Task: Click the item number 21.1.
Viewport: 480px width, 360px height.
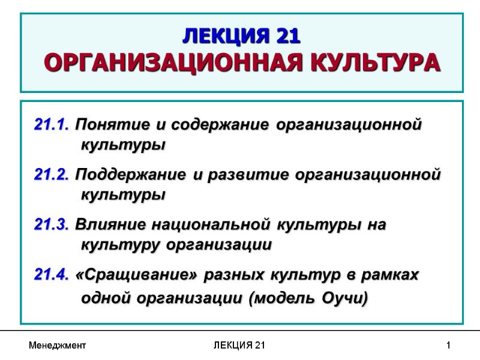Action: pyautogui.click(x=53, y=125)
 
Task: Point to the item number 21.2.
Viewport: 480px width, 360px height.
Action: pyautogui.click(x=53, y=175)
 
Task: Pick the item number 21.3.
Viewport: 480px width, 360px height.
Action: pyautogui.click(x=53, y=225)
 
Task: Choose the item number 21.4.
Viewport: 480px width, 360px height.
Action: pyautogui.click(x=53, y=275)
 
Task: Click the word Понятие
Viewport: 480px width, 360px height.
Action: pyautogui.click(x=114, y=125)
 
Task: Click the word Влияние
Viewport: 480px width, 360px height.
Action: pyautogui.click(x=112, y=225)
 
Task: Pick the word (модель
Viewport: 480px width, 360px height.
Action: pyautogui.click(x=279, y=298)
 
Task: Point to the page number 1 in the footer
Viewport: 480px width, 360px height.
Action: pyautogui.click(x=448, y=346)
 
